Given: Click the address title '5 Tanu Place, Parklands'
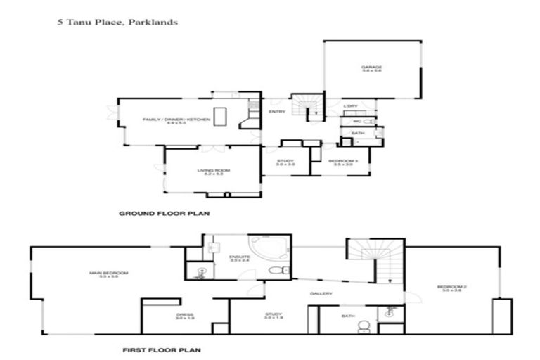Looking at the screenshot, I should pos(117,22).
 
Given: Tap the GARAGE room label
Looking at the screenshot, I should pos(371,69).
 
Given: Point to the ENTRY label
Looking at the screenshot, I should pos(276,111).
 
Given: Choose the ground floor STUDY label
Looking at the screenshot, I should pos(285,162).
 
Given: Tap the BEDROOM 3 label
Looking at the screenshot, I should pos(340,162).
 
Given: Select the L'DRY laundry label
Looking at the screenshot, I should pos(349,106).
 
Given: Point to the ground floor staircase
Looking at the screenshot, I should pos(307,107).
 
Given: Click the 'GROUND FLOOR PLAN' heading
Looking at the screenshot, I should pos(164,213).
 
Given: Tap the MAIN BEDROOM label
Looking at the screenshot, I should pos(103,274).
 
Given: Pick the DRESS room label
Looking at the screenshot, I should pos(185,316).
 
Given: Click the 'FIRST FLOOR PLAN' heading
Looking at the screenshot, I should pos(164,348).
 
